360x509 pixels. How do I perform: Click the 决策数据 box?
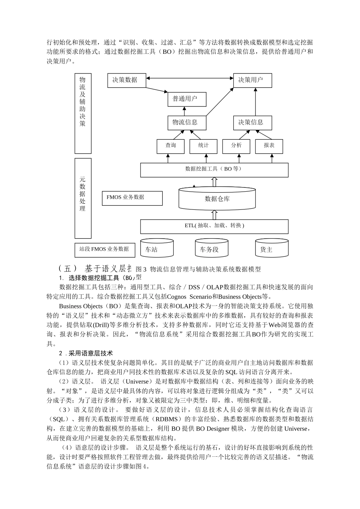tap(127, 80)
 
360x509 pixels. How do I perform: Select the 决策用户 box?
tap(252, 80)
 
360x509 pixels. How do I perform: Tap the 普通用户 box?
tap(187, 99)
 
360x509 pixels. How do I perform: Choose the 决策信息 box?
tap(252, 123)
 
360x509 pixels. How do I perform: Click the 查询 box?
tap(171, 146)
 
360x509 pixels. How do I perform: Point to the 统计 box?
tap(203, 146)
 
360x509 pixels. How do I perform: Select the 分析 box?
tap(236, 146)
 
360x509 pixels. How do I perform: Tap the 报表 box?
tap(269, 146)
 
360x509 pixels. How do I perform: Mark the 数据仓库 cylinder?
tap(217, 198)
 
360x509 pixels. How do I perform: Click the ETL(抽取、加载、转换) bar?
tap(214, 226)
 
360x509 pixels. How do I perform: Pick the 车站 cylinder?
tap(157, 248)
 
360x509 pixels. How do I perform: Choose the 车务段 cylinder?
tap(211, 248)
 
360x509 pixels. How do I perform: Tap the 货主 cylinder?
tap(271, 248)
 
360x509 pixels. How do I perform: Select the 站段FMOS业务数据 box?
tap(104, 250)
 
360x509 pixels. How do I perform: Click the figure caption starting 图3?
tap(198, 269)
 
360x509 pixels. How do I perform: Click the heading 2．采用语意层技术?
tap(86, 353)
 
